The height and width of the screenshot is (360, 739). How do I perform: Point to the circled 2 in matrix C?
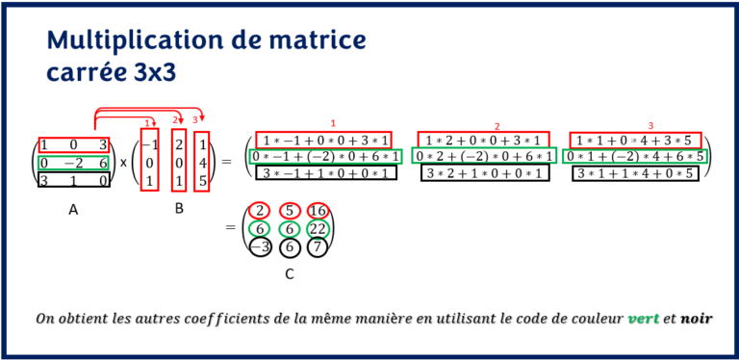[x=258, y=211]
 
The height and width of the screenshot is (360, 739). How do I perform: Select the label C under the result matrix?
[x=290, y=274]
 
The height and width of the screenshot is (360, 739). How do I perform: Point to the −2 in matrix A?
[x=73, y=162]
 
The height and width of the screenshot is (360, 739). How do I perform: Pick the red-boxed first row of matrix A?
[x=73, y=144]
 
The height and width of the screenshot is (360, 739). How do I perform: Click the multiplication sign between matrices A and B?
[x=123, y=162]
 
